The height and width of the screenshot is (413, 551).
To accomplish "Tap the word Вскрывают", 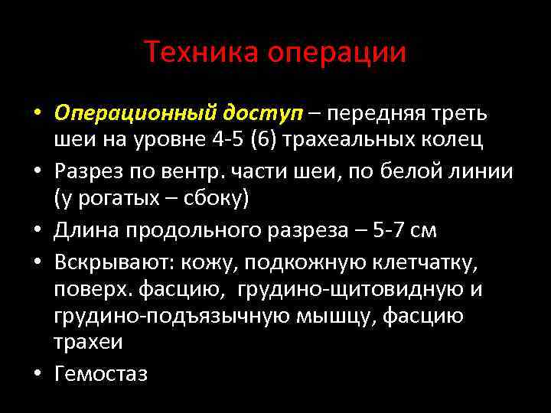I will (x=114, y=262).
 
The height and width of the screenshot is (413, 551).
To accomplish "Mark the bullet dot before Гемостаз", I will (x=36, y=372).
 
